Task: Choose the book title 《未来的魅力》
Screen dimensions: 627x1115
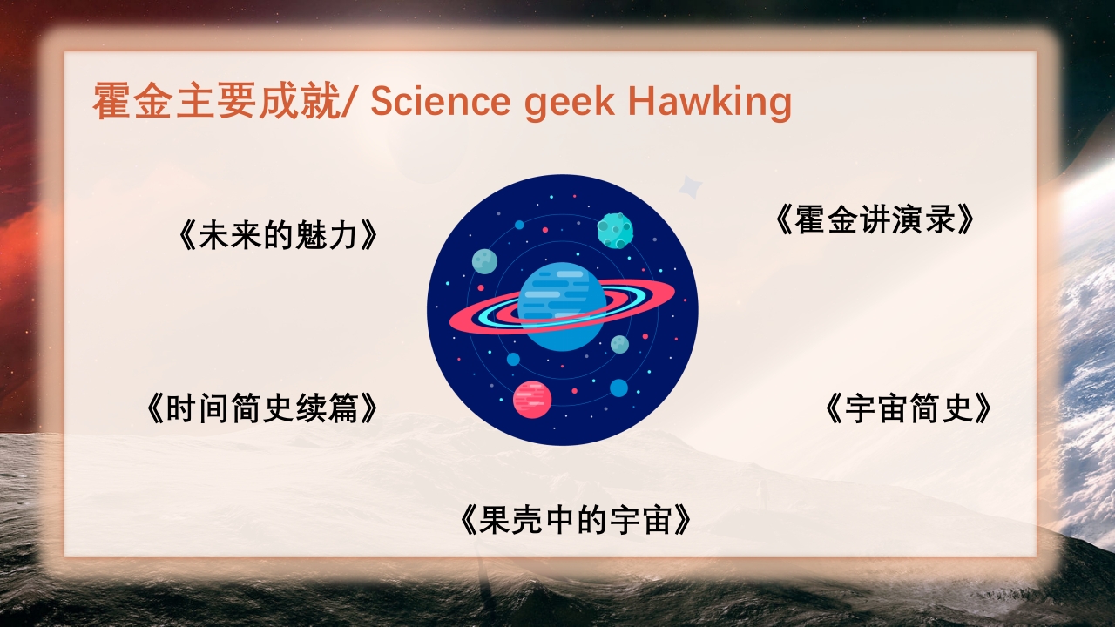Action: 279,236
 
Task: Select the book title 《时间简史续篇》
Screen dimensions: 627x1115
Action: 262,408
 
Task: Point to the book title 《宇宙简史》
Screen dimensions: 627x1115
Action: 909,408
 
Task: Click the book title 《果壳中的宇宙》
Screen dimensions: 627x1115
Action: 576,520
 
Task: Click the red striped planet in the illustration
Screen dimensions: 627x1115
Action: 532,399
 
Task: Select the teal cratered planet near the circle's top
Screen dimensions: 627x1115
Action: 615,230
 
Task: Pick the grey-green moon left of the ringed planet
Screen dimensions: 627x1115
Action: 484,261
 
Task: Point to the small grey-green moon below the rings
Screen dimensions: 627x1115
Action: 619,345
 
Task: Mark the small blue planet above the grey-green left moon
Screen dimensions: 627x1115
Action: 519,225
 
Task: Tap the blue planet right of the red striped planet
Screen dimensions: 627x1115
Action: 618,388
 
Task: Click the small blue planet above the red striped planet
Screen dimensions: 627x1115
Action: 513,359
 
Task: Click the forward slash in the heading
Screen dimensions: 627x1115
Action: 350,102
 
